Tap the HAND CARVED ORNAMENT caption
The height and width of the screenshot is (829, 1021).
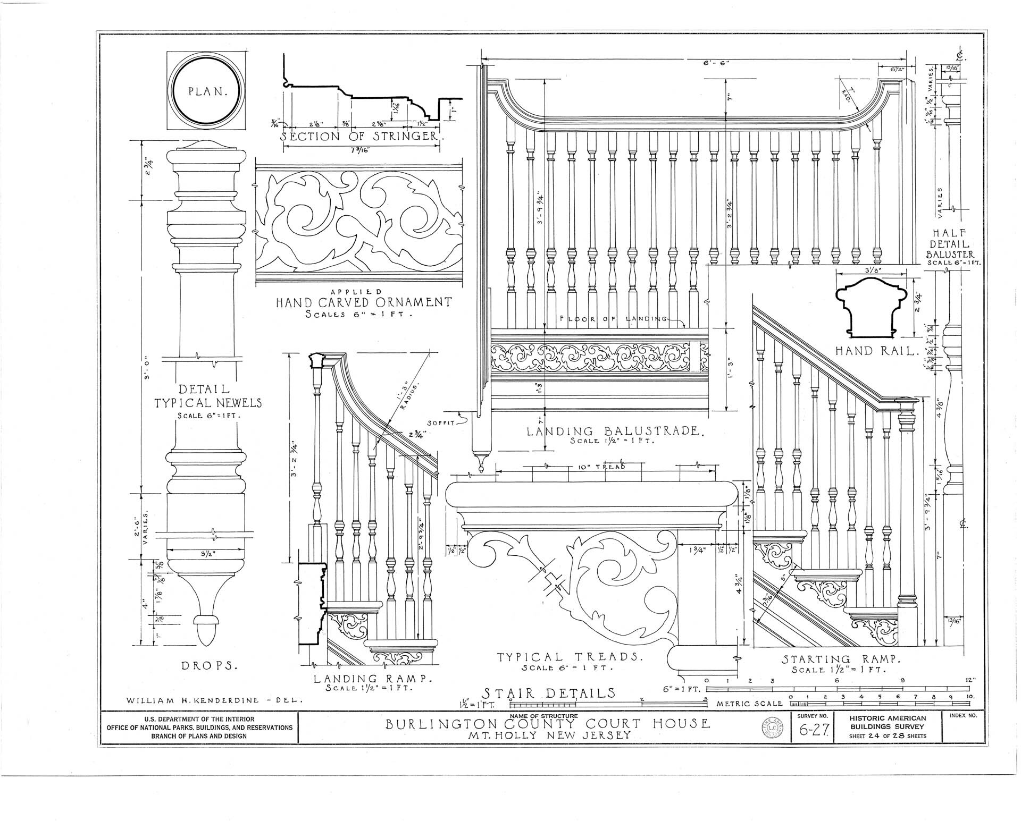click(363, 303)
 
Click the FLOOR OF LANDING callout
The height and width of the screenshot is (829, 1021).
click(613, 319)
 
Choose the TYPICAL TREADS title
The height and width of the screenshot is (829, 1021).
click(570, 657)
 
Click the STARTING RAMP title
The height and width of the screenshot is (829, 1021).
click(840, 659)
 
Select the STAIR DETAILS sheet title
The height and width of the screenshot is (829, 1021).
click(548, 693)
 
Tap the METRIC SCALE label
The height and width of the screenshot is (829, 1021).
click(749, 704)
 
